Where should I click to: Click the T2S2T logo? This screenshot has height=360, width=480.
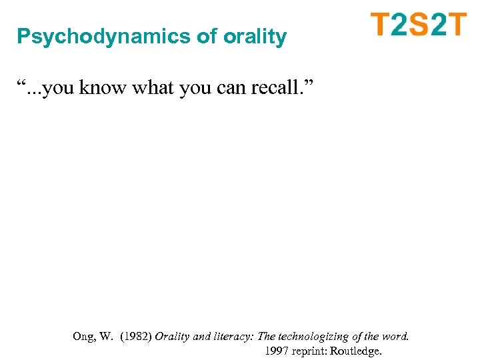click(419, 25)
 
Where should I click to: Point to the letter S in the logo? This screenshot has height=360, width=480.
click(419, 25)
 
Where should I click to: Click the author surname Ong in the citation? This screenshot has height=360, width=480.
click(84, 337)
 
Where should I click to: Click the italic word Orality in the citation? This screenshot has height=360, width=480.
click(173, 337)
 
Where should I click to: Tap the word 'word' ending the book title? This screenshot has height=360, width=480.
click(395, 337)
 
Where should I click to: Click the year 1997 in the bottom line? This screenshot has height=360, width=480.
click(277, 351)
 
